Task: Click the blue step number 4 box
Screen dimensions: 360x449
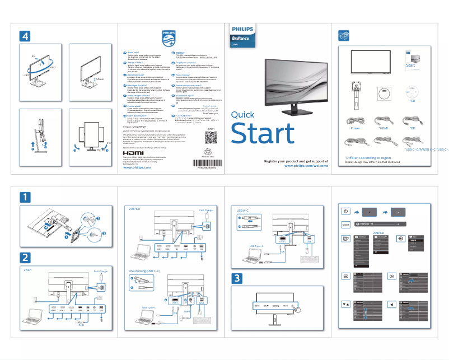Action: (25, 35)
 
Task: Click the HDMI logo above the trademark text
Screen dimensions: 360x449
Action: (133, 153)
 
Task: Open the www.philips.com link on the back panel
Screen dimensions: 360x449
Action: (137, 167)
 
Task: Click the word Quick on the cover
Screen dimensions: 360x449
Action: (242, 115)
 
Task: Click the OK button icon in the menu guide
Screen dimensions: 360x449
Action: (392, 276)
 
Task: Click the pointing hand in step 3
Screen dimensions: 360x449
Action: (296, 307)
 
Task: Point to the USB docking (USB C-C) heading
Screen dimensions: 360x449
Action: (144, 271)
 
